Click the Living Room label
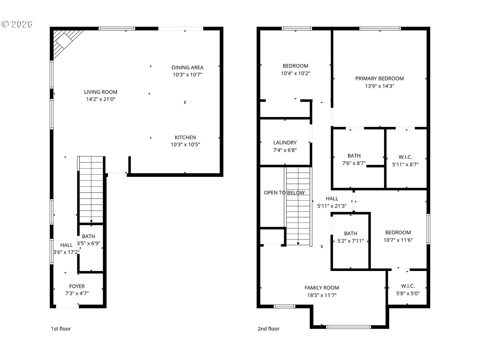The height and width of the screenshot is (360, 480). (x=100, y=92)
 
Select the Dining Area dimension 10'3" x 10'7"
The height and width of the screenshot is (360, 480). (x=187, y=75)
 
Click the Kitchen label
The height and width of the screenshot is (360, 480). (x=185, y=137)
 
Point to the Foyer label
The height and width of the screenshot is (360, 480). (x=77, y=286)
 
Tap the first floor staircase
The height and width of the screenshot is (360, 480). (x=91, y=189)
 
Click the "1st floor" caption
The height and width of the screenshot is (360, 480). (x=61, y=329)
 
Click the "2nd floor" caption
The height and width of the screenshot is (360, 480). (x=268, y=329)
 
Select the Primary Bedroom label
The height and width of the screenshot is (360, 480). (x=379, y=79)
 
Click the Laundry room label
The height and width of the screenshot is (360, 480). (x=285, y=143)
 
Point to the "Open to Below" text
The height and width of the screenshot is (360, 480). (x=284, y=193)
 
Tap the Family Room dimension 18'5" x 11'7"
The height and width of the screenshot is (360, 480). (x=322, y=295)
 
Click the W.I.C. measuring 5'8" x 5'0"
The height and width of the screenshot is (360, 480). (x=407, y=289)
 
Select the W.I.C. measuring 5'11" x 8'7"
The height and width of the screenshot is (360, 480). (x=405, y=160)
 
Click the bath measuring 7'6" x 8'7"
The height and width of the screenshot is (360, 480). (x=354, y=159)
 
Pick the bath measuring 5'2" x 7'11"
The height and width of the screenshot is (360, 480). (x=350, y=237)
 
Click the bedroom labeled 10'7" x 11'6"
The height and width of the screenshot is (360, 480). (x=398, y=236)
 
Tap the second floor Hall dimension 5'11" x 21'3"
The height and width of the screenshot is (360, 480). (x=332, y=206)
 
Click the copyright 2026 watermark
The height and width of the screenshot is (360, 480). (x=17, y=24)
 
